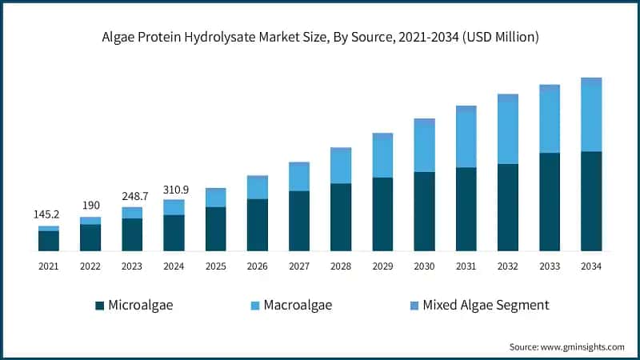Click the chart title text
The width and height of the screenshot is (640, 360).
pyautogui.click(x=320, y=37)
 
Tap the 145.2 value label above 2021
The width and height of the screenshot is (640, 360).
pyautogui.click(x=49, y=215)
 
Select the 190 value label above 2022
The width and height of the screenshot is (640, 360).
pyautogui.click(x=90, y=206)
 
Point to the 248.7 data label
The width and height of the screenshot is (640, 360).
pyautogui.click(x=132, y=196)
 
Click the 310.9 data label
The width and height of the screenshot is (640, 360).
pyautogui.click(x=174, y=189)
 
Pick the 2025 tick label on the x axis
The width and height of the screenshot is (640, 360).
pyautogui.click(x=215, y=265)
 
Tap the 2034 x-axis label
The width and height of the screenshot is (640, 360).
pyautogui.click(x=590, y=265)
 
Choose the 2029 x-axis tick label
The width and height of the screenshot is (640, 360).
pyautogui.click(x=382, y=265)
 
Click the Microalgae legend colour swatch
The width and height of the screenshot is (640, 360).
pyautogui.click(x=99, y=305)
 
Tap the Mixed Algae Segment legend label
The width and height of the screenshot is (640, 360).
pyautogui.click(x=486, y=305)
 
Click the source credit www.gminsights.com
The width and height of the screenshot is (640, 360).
pyautogui.click(x=566, y=346)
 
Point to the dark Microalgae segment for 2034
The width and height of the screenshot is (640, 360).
pyautogui.click(x=590, y=201)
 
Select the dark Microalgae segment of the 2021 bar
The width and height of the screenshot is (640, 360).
pyautogui.click(x=49, y=241)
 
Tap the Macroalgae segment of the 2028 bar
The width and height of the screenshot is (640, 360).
pyautogui.click(x=341, y=166)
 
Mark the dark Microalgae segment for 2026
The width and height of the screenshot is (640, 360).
pyautogui.click(x=258, y=225)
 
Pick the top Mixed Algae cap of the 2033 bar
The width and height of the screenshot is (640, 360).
pyautogui.click(x=549, y=88)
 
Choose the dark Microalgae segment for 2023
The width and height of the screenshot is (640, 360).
pyautogui.click(x=132, y=234)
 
